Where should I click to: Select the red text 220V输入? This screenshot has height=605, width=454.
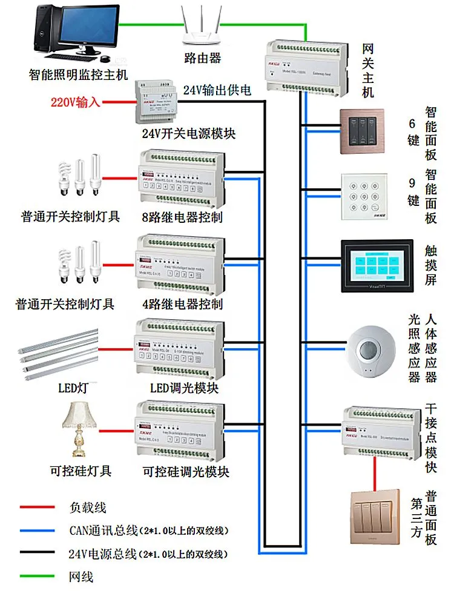pyautogui.click(x=76, y=102)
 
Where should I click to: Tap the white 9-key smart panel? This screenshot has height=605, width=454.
pyautogui.click(x=363, y=197)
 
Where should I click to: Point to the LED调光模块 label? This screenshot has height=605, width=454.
pyautogui.click(x=183, y=388)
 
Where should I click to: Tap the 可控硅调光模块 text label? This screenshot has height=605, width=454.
pyautogui.click(x=186, y=471)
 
